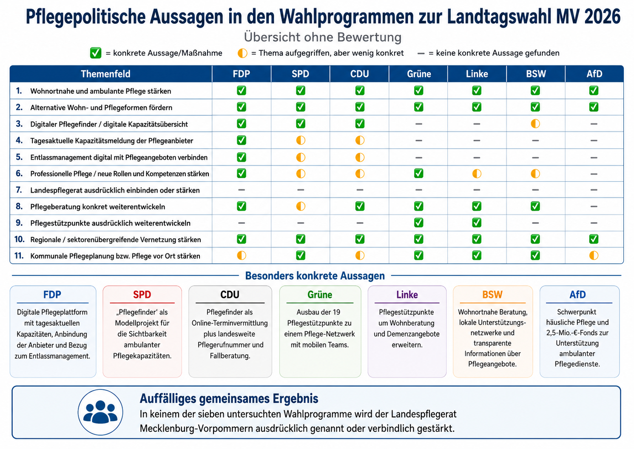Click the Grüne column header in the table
[x=418, y=74]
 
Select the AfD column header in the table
[x=594, y=74]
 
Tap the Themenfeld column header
[x=105, y=74]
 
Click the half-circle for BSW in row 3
[x=535, y=124]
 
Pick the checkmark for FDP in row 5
[x=242, y=157]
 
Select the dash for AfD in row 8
[x=594, y=206]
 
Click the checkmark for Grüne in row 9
[x=418, y=223]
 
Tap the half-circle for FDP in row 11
[x=242, y=255]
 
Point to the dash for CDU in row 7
[x=360, y=190]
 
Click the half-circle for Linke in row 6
[x=477, y=174]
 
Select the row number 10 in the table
[x=19, y=239]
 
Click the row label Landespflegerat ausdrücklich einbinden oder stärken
[x=115, y=190]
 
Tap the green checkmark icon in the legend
[x=96, y=53]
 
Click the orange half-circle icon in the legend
[x=242, y=53]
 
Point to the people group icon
[x=100, y=412]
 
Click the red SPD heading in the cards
[x=142, y=295]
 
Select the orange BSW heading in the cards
[x=492, y=295]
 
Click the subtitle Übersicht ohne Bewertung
[x=323, y=37]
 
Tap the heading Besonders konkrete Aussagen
[x=315, y=276]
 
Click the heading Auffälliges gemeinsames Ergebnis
[x=229, y=399]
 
